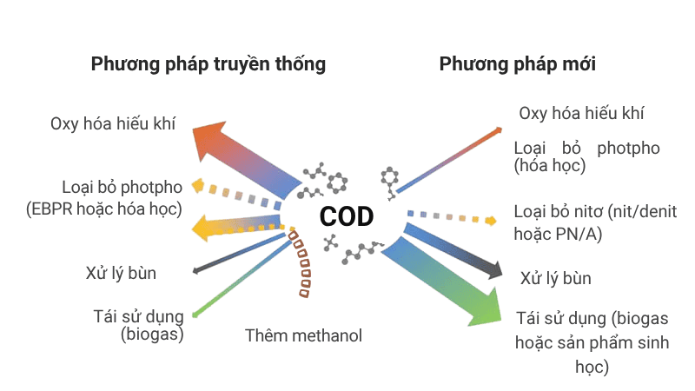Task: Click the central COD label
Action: tap(346, 216)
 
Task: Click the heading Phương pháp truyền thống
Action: tap(208, 64)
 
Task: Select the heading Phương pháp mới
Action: tap(517, 64)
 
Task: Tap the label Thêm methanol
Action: tap(303, 335)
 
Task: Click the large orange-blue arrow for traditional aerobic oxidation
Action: tap(243, 157)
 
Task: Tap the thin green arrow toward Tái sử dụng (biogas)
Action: tap(243, 278)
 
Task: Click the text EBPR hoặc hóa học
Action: tap(121, 209)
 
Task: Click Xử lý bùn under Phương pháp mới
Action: tap(556, 279)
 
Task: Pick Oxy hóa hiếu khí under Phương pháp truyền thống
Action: tap(113, 123)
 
